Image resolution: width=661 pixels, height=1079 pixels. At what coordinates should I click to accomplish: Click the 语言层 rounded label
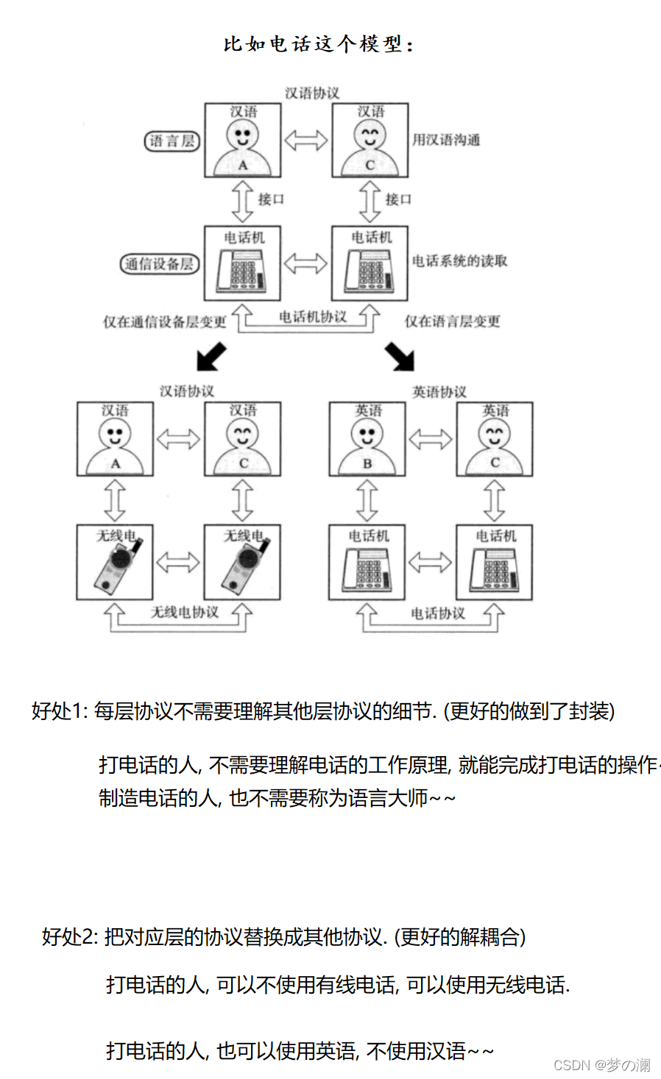(172, 141)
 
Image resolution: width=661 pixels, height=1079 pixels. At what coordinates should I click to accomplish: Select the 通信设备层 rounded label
(160, 263)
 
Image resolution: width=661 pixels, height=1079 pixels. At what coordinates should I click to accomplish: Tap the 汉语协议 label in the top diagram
(312, 93)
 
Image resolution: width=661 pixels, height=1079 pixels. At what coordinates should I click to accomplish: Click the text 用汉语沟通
(446, 140)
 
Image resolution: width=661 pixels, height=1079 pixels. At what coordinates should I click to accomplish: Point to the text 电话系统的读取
(459, 261)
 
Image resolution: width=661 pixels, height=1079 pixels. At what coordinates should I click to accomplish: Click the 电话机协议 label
(312, 317)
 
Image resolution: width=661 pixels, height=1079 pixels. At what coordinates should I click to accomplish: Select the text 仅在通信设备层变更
(164, 322)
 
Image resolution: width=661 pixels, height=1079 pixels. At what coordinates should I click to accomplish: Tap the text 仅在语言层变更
(452, 321)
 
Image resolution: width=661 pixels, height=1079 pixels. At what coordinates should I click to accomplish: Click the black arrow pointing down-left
(210, 357)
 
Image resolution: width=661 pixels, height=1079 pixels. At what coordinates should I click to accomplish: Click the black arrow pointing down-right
(400, 357)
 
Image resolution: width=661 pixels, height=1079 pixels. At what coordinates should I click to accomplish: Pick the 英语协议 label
(439, 392)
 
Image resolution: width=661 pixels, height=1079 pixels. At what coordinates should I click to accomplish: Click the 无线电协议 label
(184, 613)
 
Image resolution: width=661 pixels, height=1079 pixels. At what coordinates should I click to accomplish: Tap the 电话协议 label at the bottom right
(437, 613)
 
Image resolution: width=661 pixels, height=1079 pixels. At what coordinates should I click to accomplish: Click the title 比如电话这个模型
(318, 44)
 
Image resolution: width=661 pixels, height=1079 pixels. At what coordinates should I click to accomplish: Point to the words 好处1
(59, 711)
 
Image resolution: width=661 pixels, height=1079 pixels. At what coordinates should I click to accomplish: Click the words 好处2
(69, 937)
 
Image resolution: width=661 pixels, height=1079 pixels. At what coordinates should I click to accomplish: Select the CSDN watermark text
(601, 1065)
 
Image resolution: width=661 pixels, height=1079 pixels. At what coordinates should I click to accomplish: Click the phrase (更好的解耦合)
(460, 937)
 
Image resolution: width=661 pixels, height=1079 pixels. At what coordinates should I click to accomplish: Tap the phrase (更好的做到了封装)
(529, 711)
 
